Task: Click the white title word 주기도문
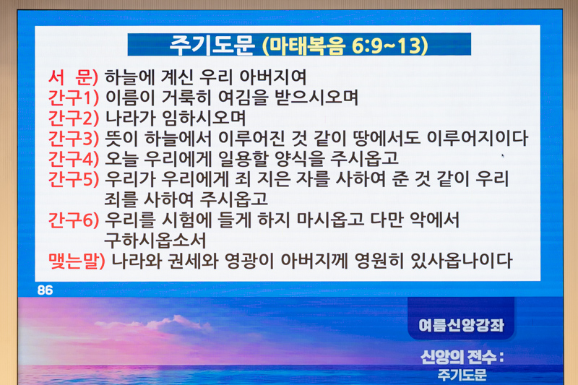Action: click(212, 46)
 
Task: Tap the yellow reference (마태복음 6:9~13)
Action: click(345, 46)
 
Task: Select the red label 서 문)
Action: click(73, 77)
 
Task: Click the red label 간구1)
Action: click(74, 98)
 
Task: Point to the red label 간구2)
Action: click(74, 118)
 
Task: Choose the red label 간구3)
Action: click(74, 139)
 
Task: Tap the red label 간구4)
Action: click(74, 159)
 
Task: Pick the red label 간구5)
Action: click(74, 179)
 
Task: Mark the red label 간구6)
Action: click(74, 220)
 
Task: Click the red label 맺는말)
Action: click(77, 261)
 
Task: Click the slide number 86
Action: click(45, 290)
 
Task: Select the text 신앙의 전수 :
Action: click(462, 357)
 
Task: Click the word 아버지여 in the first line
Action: click(273, 77)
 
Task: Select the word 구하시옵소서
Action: click(155, 241)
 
